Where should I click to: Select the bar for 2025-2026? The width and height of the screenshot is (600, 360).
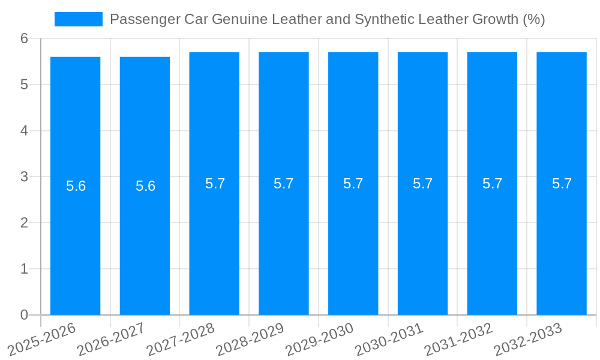coord(75,240)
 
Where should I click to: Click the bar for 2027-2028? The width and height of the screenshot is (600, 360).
coord(214,240)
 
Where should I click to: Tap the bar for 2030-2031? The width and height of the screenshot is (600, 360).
coord(422,240)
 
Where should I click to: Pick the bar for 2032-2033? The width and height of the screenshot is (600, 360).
coord(562,240)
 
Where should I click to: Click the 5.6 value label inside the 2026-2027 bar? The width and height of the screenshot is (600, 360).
coord(145,186)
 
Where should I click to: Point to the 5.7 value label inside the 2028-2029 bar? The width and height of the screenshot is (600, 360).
coord(284,184)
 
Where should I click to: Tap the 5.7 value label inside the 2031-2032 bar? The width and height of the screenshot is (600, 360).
coord(492,184)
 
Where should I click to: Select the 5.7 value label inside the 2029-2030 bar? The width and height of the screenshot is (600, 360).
coord(353,184)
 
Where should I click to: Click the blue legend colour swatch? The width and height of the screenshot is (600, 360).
coord(79,19)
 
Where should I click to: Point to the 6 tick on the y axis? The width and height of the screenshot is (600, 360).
coord(24,38)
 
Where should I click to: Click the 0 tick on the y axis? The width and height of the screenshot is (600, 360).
coord(24,315)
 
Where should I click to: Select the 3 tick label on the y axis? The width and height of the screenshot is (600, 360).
coord(24,177)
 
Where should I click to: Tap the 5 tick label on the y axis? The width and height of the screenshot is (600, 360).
coord(24,85)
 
